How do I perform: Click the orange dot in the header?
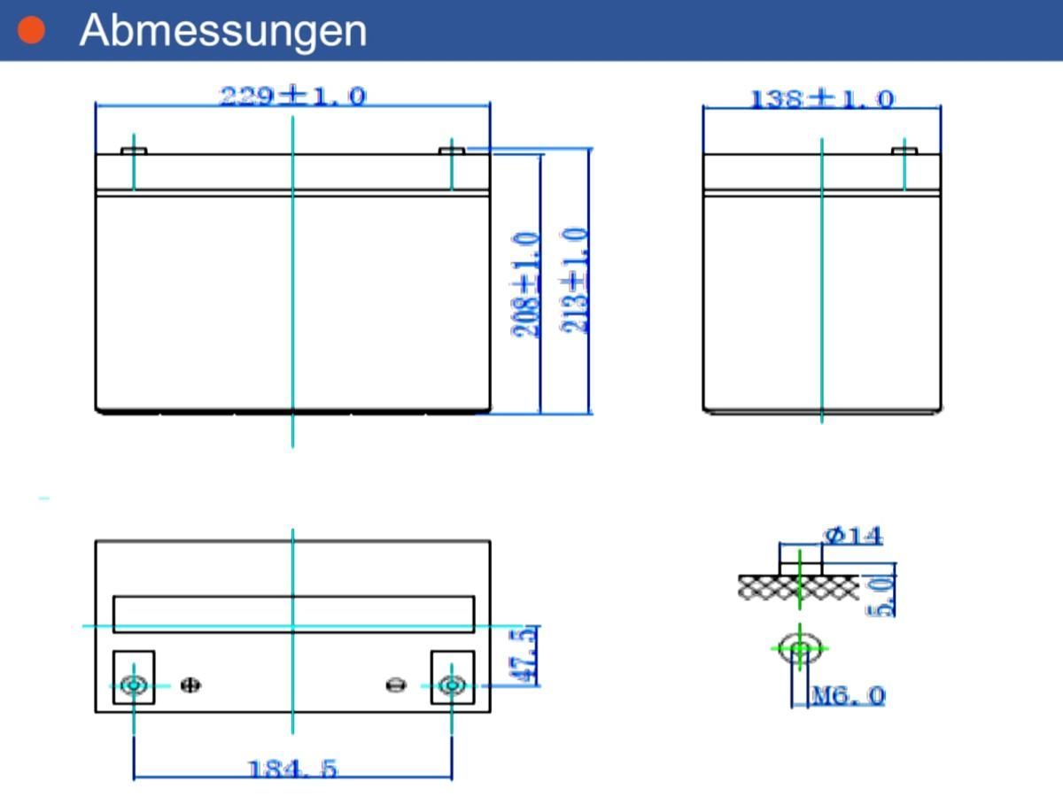click(x=32, y=29)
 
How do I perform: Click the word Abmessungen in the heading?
click(x=223, y=30)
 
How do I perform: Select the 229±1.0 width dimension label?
click(x=293, y=96)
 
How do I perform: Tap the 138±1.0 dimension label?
click(x=822, y=99)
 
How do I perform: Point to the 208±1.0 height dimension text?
click(x=525, y=284)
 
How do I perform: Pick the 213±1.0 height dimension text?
click(x=575, y=281)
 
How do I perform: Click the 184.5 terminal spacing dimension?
click(x=292, y=769)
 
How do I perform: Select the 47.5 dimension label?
click(x=523, y=654)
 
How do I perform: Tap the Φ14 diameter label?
click(x=853, y=536)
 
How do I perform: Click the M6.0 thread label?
click(x=849, y=696)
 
